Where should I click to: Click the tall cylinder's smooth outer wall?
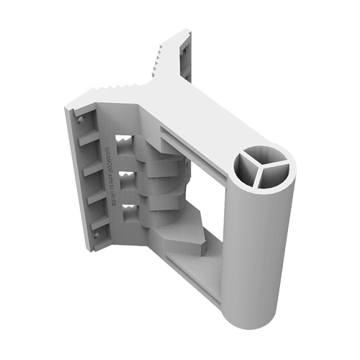pyautogui.click(x=263, y=238)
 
